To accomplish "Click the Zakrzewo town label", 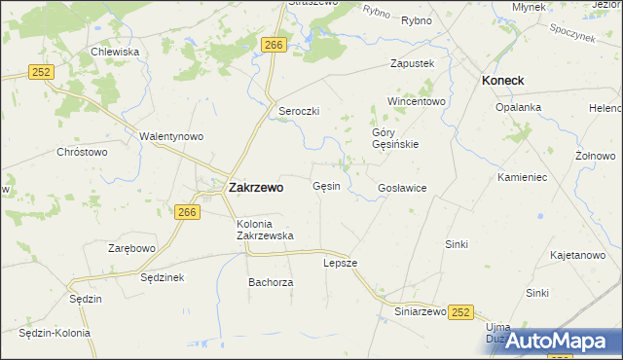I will click(x=255, y=188).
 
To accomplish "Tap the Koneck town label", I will click(x=503, y=82).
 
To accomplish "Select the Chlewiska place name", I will click(x=114, y=52).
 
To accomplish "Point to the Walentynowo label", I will click(x=171, y=136).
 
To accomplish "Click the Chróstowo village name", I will click(x=82, y=152).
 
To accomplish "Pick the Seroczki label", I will click(x=300, y=111).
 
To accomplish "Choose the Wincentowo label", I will click(x=416, y=101).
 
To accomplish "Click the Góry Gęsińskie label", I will click(x=395, y=138).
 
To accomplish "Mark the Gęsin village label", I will click(x=326, y=186).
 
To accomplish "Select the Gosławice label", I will click(x=402, y=188).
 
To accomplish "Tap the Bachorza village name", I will click(x=271, y=282).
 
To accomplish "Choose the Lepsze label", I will click(x=341, y=263).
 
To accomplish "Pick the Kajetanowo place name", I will click(x=577, y=255).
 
